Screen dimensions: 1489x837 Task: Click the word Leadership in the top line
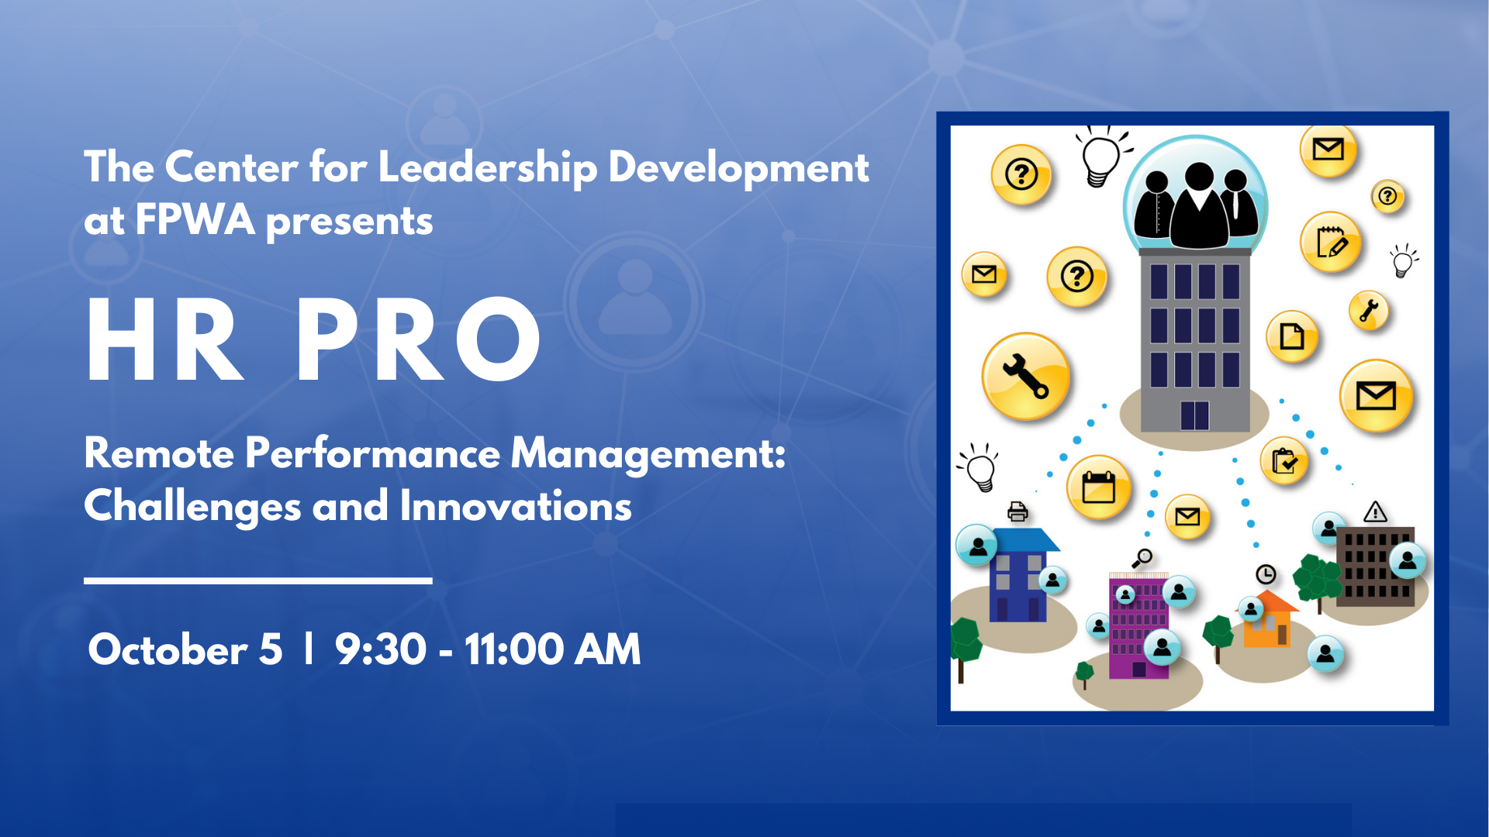click(488, 168)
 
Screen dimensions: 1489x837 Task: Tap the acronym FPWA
click(195, 220)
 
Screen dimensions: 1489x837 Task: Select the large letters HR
click(165, 339)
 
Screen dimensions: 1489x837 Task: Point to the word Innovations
click(516, 506)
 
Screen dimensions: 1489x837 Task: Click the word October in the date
click(168, 649)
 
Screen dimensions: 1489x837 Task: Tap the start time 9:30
click(381, 649)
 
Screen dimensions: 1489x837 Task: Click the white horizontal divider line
click(258, 580)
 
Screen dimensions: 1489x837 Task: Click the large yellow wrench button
click(1026, 377)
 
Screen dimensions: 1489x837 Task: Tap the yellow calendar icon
click(1098, 487)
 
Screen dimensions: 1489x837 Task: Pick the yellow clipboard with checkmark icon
click(1284, 461)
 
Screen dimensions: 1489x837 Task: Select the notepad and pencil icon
click(1331, 243)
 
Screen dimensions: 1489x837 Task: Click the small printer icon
click(1017, 511)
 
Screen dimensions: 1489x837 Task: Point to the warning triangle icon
click(1375, 511)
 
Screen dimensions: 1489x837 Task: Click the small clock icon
click(1266, 574)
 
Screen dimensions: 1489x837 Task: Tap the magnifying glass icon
click(1142, 558)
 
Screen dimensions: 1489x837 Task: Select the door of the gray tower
click(1194, 415)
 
